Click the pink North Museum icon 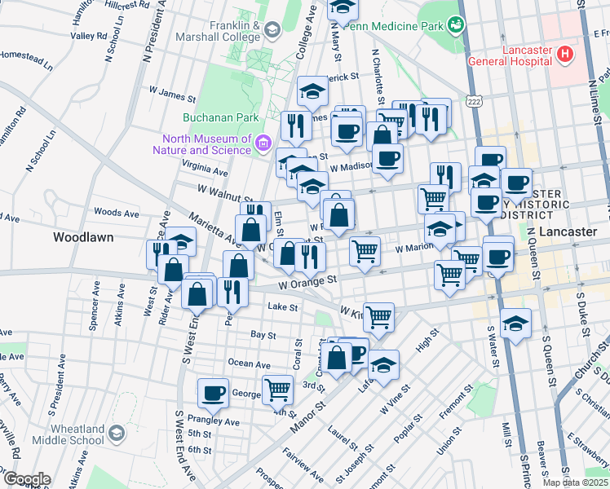[263, 143]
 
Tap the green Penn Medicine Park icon [457, 25]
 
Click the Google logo [26, 479]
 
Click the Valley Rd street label [89, 36]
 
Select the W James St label [172, 95]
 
